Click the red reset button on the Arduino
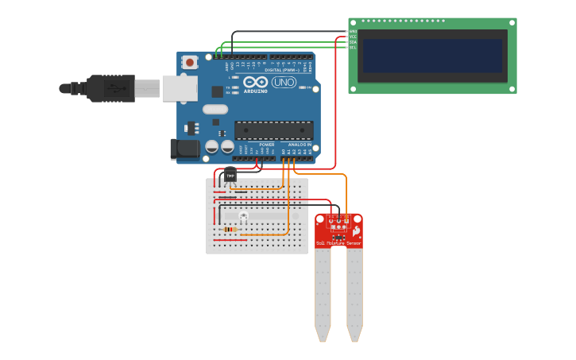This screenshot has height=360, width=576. point(190,62)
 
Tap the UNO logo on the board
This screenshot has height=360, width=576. point(284,82)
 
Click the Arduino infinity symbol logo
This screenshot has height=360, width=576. point(256,82)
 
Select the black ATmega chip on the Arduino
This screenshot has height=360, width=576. point(273,130)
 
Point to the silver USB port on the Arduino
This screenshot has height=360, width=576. point(180,88)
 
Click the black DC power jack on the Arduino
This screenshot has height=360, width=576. point(186,148)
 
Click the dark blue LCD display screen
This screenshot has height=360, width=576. point(432,56)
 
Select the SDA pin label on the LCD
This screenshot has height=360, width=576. point(353,42)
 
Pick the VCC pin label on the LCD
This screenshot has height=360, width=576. point(353,37)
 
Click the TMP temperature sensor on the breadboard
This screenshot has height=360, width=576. point(230,175)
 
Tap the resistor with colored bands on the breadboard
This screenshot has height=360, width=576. point(230,230)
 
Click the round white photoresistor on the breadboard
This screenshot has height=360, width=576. point(243,216)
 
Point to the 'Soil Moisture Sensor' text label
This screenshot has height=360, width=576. point(338,242)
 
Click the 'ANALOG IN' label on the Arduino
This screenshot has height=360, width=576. point(299,145)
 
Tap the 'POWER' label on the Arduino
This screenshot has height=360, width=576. point(267,145)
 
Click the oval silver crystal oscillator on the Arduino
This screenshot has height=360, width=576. point(215,110)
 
